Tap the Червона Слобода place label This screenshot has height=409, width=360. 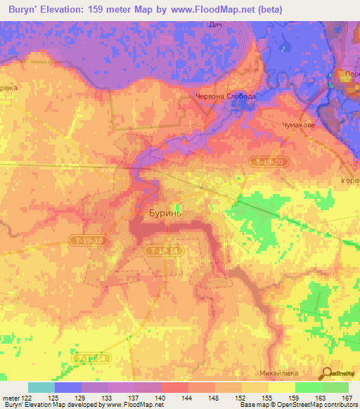[x=225, y=96]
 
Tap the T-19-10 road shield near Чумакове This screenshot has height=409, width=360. [x=269, y=162]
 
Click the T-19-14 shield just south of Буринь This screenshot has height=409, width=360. [x=162, y=250]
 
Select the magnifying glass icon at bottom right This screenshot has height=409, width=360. [x=327, y=373]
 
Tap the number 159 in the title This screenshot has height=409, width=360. [x=105, y=9]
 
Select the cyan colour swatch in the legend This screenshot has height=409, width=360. [x=41, y=387]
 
